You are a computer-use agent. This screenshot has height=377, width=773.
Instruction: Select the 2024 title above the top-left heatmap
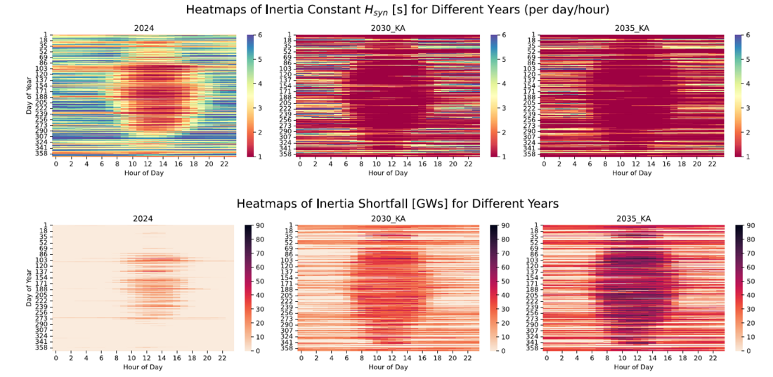pyautogui.click(x=145, y=29)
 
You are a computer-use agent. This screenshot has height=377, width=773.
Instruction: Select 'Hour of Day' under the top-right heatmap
pyautogui.click(x=633, y=173)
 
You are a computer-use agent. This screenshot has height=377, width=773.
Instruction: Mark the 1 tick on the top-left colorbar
pyautogui.click(x=260, y=156)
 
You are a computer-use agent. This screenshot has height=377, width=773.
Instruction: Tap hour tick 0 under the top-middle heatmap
pyautogui.click(x=300, y=164)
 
